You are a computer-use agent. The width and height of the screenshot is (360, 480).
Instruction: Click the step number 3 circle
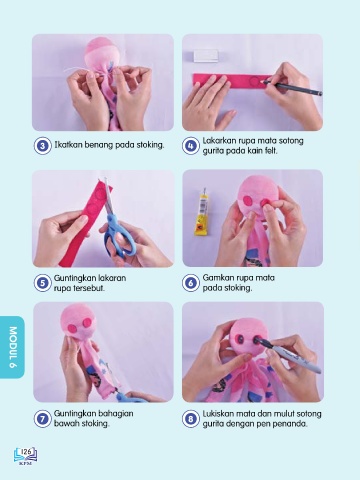pos(43,146)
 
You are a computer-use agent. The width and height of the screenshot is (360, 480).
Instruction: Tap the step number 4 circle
pos(191,146)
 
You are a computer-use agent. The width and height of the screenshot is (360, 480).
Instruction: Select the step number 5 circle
pos(43,283)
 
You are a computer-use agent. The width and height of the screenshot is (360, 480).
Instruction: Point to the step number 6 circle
pos(191,283)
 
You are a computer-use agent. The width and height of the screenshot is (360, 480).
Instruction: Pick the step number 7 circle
pos(43,419)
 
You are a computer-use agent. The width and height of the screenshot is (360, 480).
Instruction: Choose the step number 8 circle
pos(191,419)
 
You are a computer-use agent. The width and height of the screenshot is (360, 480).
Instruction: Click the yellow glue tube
pos(202,212)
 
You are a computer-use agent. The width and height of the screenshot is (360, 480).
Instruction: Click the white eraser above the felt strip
pos(206,56)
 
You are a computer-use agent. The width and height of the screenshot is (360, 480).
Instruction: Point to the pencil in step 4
pos(292,87)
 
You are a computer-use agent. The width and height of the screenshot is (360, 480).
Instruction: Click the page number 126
pos(26,452)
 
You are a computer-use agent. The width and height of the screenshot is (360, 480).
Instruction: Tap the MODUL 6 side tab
pos(12,347)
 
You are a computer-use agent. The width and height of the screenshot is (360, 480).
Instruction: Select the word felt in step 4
pos(271,151)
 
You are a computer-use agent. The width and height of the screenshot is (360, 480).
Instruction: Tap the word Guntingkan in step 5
pos(70,278)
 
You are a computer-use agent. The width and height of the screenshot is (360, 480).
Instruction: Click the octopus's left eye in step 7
pos(71,328)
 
